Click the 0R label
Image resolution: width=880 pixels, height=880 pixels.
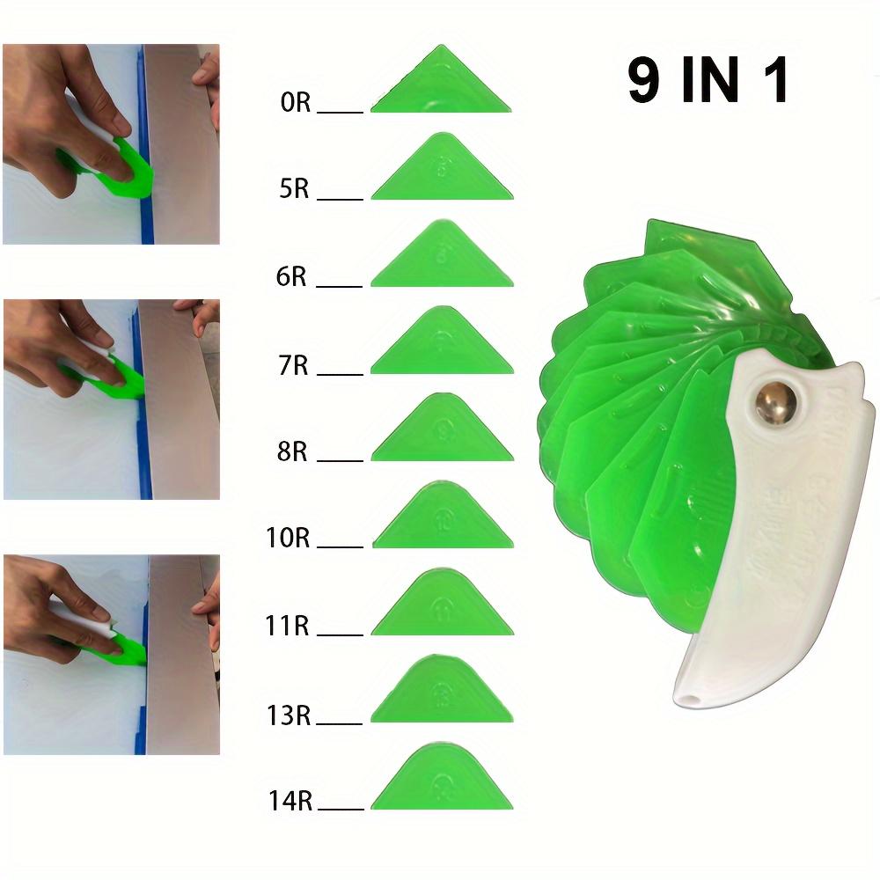pyautogui.click(x=296, y=103)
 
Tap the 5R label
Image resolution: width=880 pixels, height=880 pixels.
pyautogui.click(x=295, y=188)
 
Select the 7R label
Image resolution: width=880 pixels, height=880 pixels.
pyautogui.click(x=294, y=364)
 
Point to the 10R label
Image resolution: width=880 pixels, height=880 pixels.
pyautogui.click(x=288, y=538)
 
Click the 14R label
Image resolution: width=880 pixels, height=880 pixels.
pyautogui.click(x=291, y=801)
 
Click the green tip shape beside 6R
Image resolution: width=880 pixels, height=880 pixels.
pyautogui.click(x=441, y=260)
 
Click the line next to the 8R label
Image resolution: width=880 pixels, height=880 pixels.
pyautogui.click(x=340, y=460)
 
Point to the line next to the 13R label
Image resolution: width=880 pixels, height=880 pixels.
pyautogui.click(x=340, y=724)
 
